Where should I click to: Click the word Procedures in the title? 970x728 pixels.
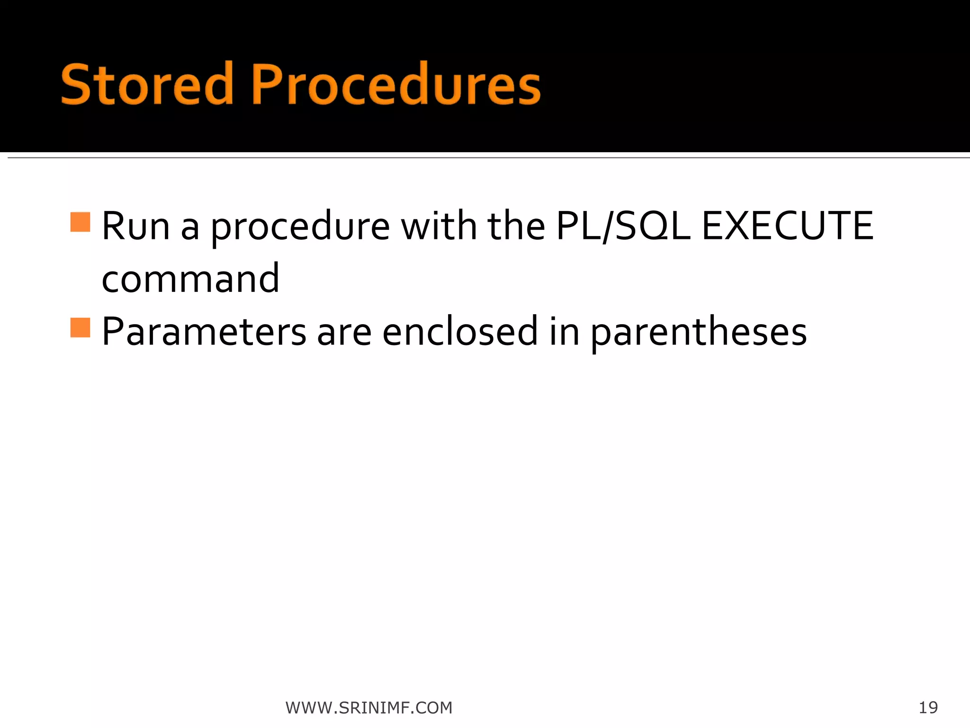pyautogui.click(x=395, y=84)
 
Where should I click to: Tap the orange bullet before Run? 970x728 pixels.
pyautogui.click(x=80, y=222)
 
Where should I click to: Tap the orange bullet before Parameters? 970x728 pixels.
pyautogui.click(x=80, y=328)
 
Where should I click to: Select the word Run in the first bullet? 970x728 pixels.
pyautogui.click(x=135, y=227)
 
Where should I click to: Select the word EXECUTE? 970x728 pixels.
pyautogui.click(x=787, y=226)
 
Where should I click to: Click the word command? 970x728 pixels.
pyautogui.click(x=190, y=279)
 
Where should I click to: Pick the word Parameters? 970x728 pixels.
pyautogui.click(x=204, y=332)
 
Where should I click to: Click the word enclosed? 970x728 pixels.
pyautogui.click(x=460, y=331)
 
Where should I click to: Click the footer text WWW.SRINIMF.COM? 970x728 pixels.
pyautogui.click(x=369, y=708)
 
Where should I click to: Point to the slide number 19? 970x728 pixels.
pyautogui.click(x=928, y=708)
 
